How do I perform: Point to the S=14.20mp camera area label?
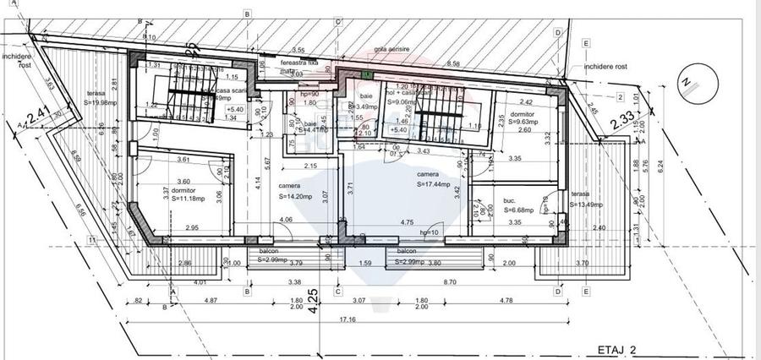[x=296, y=196]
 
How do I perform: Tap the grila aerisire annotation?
[x=393, y=50]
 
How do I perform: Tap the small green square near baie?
[x=366, y=75]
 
